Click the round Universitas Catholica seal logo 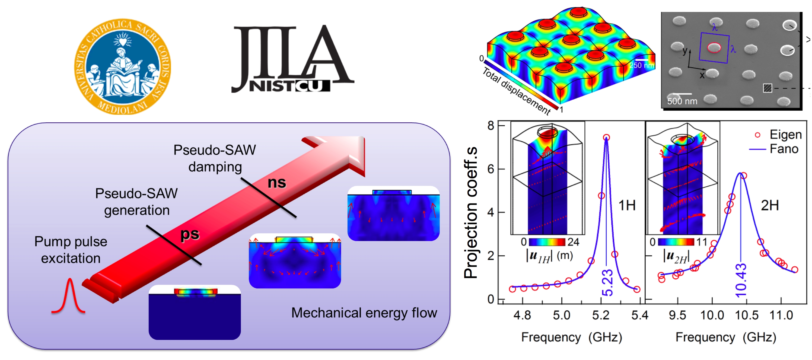pos(122,66)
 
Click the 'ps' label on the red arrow pos(190,234)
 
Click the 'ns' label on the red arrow pos(276,183)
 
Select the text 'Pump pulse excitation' pos(71,250)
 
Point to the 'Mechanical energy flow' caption pos(364,313)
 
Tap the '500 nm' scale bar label pos(682,101)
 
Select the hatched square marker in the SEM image pos(767,88)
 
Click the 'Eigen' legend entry pos(785,135)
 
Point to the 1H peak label pos(627,206)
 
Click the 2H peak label pos(769,206)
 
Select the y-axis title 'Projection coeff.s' pos(471,213)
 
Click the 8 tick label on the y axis pos(491,125)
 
